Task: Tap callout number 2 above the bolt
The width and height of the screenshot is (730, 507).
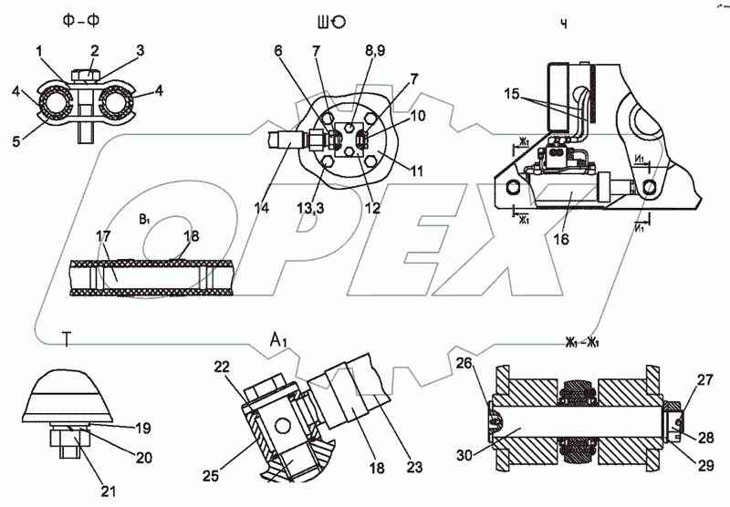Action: pos(93,49)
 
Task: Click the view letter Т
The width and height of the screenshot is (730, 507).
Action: pos(67,341)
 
